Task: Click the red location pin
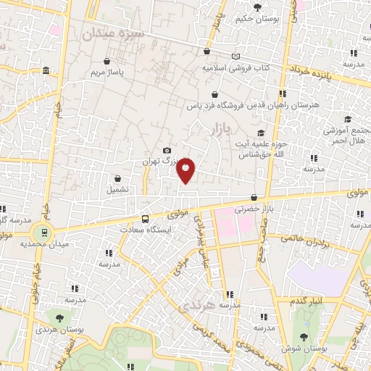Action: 186,170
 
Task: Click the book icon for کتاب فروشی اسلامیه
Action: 234,57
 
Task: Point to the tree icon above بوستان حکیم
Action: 257,9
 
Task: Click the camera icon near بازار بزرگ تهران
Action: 168,150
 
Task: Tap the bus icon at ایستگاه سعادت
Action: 146,219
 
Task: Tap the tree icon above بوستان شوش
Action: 314,338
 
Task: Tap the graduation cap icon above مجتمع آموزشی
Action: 347,120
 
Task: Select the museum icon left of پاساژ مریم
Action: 46,70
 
